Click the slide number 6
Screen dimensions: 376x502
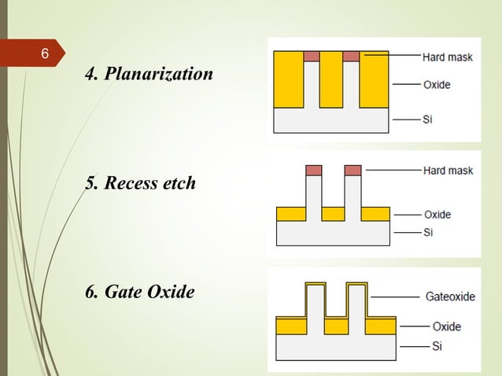pyautogui.click(x=44, y=54)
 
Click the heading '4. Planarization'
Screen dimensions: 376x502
pyautogui.click(x=149, y=75)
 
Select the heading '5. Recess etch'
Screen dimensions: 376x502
pyautogui.click(x=140, y=184)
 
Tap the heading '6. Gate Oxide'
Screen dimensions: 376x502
pyautogui.click(x=139, y=292)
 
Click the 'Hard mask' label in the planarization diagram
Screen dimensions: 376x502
pyautogui.click(x=447, y=57)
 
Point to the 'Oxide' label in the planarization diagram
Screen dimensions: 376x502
pyautogui.click(x=437, y=84)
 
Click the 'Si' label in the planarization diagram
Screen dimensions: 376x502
pyautogui.click(x=427, y=120)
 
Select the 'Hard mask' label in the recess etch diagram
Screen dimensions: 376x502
pyautogui.click(x=448, y=170)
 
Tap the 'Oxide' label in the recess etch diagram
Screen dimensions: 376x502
pyautogui.click(x=437, y=214)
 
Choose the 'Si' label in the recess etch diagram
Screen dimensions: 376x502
pyautogui.click(x=428, y=232)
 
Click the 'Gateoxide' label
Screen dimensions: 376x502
pyautogui.click(x=450, y=297)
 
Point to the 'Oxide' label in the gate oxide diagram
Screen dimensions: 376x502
pyautogui.click(x=446, y=326)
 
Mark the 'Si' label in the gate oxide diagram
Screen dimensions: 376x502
pyautogui.click(x=437, y=346)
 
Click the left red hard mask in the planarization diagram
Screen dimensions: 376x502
pyautogui.click(x=311, y=56)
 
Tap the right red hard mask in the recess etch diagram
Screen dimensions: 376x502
pyautogui.click(x=353, y=170)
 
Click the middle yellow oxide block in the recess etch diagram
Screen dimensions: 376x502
pyautogui.click(x=333, y=214)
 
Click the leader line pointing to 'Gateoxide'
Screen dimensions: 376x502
pyautogui.click(x=393, y=297)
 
